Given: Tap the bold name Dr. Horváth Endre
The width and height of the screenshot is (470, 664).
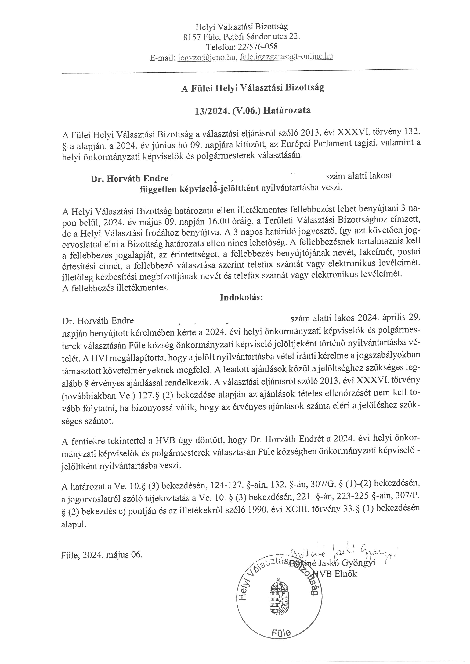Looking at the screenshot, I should point(129,178).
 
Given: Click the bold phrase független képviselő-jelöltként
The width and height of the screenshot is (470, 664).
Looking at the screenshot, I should point(199,189).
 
